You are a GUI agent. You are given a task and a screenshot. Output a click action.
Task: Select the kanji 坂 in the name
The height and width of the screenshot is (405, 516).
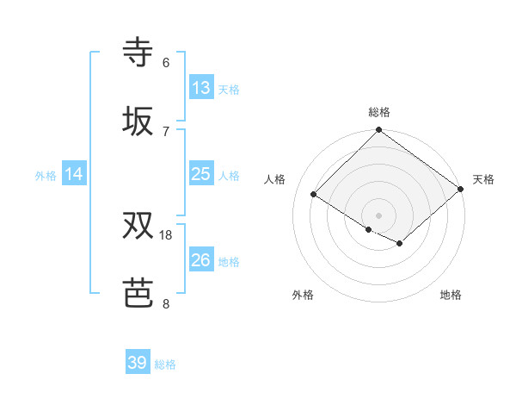coord(138,121)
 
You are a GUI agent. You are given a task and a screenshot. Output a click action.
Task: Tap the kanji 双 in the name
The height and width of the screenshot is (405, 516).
coord(138,226)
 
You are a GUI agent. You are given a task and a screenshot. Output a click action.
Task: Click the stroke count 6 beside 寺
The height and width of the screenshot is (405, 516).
coord(166,63)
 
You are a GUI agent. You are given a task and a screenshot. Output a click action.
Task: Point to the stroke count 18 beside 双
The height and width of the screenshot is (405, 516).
coord(166,234)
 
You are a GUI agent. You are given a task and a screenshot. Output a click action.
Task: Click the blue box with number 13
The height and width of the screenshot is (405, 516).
coord(201,88)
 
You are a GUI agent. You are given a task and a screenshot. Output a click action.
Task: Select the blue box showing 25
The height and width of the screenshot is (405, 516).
coord(201,174)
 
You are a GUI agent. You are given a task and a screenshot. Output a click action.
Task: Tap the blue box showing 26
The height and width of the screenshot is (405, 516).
coord(201,260)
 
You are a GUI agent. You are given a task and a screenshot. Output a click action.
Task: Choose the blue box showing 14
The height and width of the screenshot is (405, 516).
coord(74,175)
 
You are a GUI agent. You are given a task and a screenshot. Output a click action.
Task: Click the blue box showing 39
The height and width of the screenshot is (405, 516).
coord(138,363)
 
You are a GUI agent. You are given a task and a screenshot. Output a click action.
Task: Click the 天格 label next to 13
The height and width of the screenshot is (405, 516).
coord(229,89)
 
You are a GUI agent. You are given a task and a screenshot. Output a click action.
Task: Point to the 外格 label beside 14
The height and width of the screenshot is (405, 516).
coord(46,176)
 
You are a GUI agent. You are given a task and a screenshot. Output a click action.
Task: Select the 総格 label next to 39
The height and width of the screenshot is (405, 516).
coord(165,364)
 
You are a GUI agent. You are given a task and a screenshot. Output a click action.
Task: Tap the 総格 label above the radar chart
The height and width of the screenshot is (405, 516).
coord(379,112)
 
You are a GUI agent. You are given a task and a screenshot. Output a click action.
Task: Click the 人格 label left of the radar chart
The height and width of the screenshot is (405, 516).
coord(275,179)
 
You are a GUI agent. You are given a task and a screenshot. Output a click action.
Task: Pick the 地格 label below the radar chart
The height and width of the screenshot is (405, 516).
coord(451,295)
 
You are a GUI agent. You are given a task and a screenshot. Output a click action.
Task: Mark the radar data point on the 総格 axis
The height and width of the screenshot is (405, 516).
coord(379,131)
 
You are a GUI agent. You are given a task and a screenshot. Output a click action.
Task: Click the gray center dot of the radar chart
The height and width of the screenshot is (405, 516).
coord(379,215)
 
